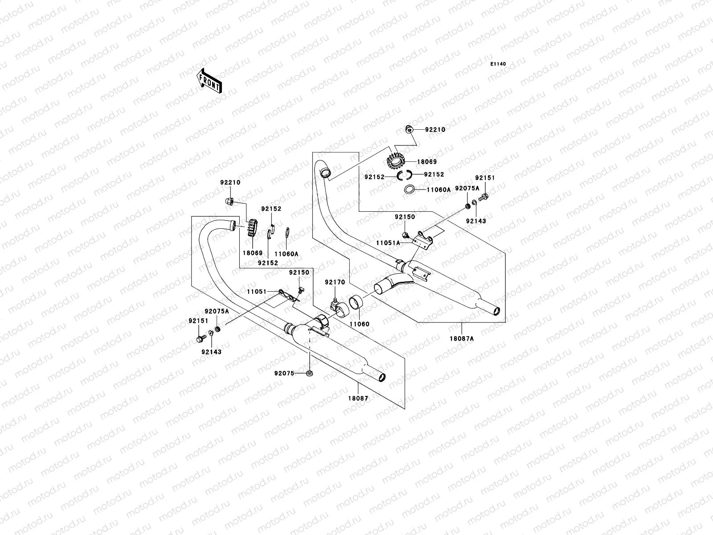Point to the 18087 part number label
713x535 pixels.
pos(358,398)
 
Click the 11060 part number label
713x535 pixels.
pos(359,324)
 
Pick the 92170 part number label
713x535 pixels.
pos(334,282)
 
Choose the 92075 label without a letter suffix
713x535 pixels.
pos(284,374)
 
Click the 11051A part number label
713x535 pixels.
pos(388,243)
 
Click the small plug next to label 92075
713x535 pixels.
pos(308,373)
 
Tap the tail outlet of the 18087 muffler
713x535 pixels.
pos(381,379)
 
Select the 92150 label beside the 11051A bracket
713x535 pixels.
pos(405,217)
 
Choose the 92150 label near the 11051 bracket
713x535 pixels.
pos(299,272)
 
